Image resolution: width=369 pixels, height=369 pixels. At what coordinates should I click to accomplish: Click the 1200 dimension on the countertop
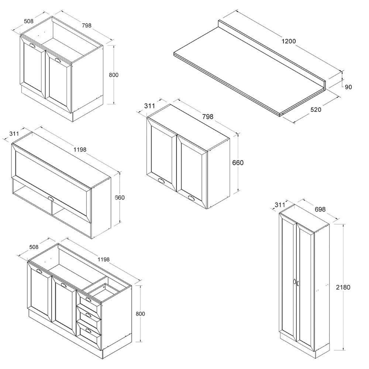pyautogui.click(x=289, y=41)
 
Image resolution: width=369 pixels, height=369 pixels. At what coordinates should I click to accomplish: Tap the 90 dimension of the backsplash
pyautogui.click(x=348, y=87)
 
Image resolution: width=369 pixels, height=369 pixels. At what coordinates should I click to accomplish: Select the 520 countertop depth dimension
pyautogui.click(x=315, y=110)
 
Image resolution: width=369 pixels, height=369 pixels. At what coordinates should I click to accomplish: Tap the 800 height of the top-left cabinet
pyautogui.click(x=114, y=75)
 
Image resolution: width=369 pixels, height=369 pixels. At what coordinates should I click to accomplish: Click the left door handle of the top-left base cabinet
pyautogui.click(x=32, y=46)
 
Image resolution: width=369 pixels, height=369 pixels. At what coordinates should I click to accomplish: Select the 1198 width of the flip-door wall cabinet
pyautogui.click(x=80, y=149)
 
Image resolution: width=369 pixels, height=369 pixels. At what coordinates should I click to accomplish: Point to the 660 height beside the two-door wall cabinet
pyautogui.click(x=238, y=162)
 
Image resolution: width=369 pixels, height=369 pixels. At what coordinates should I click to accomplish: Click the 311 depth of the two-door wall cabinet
pyautogui.click(x=149, y=106)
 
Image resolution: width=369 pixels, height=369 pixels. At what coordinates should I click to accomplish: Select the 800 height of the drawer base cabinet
pyautogui.click(x=140, y=314)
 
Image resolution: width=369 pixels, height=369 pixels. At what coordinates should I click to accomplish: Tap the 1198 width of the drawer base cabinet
pyautogui.click(x=103, y=259)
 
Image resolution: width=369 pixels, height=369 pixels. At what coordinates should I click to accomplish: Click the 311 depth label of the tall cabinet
pyautogui.click(x=280, y=205)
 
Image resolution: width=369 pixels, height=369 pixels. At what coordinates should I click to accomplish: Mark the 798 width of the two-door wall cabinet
pyautogui.click(x=207, y=117)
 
